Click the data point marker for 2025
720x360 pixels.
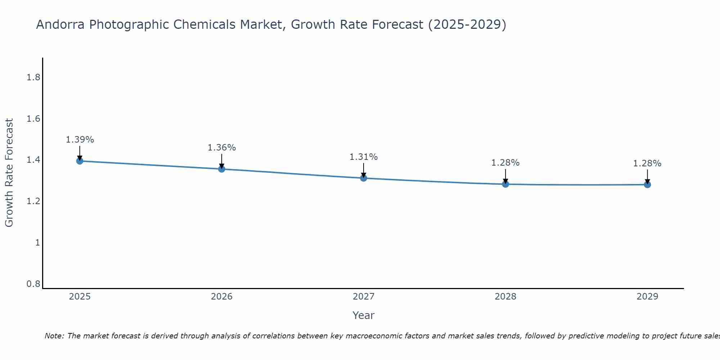(x=80, y=161)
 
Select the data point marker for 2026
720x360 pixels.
(x=222, y=169)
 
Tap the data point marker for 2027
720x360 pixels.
(x=364, y=178)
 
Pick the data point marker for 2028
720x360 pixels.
(x=505, y=184)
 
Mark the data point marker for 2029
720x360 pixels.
(x=647, y=185)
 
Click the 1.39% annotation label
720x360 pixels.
(x=80, y=140)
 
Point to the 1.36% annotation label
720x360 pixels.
(x=222, y=148)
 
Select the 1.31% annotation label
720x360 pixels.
(x=364, y=157)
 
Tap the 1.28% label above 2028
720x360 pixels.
(x=505, y=163)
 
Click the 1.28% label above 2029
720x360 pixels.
(x=647, y=163)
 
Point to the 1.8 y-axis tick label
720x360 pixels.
(x=33, y=77)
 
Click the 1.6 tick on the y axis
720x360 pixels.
(x=33, y=119)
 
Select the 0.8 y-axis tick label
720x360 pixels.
(x=33, y=284)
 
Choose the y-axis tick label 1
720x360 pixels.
(x=37, y=243)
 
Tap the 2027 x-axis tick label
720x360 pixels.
(x=364, y=297)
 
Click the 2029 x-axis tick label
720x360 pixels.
(x=647, y=297)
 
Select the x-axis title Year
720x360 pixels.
(x=364, y=315)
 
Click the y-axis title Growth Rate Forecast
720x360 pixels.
(x=9, y=173)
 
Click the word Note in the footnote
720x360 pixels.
(x=54, y=336)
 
